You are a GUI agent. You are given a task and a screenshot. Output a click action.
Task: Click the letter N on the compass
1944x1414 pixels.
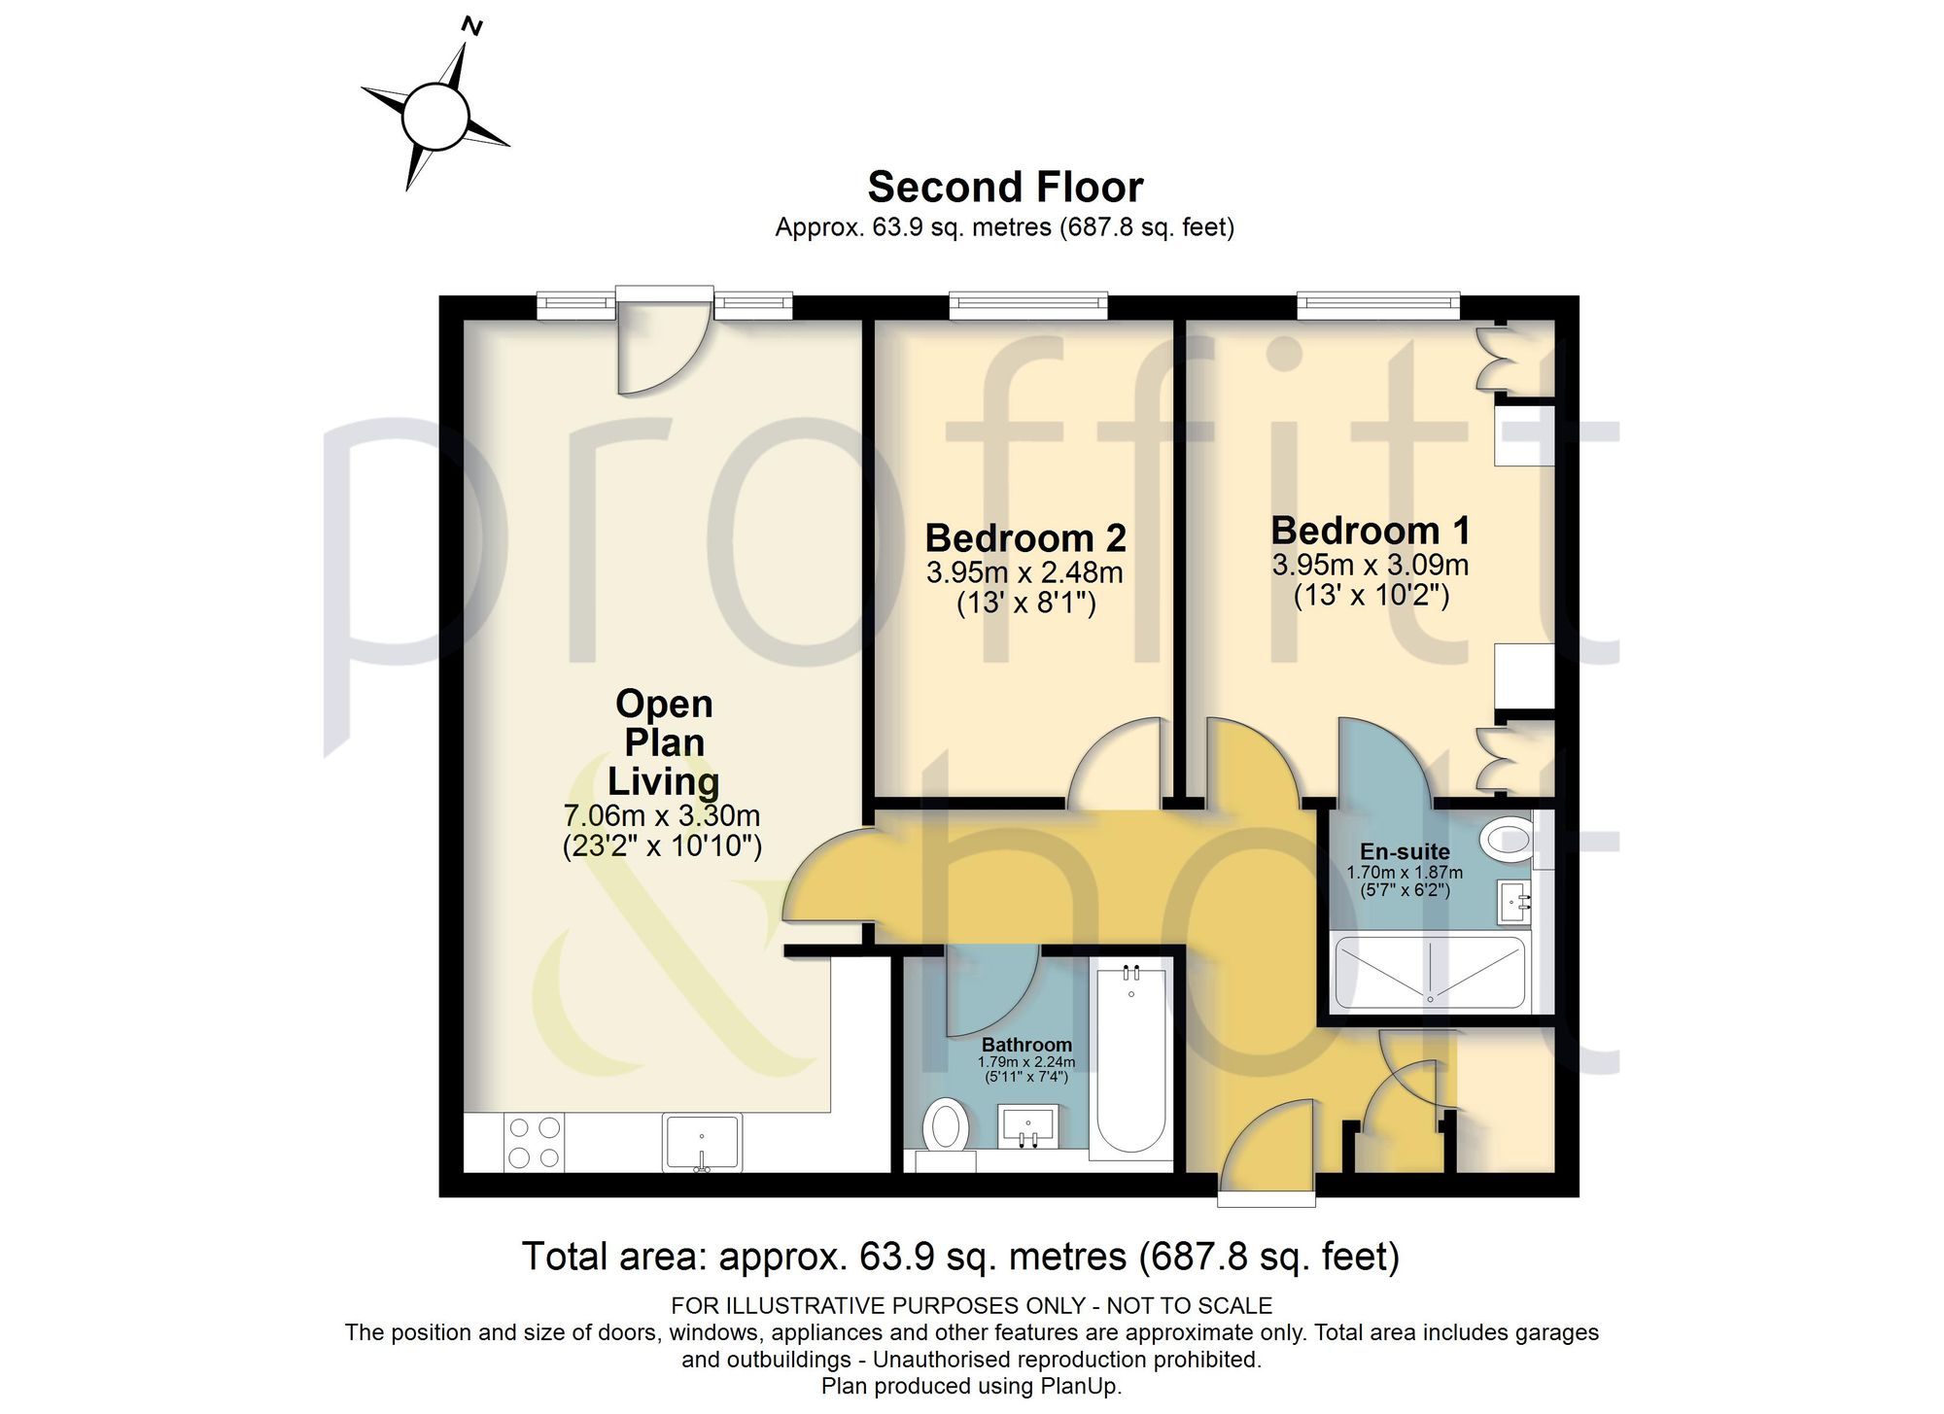[472, 26]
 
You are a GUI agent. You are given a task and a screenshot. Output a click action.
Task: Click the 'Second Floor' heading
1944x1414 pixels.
[1005, 187]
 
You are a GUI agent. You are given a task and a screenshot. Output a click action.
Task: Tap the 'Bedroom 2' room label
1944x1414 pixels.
[1025, 537]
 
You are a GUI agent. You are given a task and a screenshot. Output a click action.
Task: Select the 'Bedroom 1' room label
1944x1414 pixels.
[1371, 531]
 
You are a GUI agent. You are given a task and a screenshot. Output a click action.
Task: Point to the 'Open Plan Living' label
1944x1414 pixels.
[664, 742]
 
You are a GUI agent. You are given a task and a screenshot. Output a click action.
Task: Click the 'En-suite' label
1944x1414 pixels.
[1405, 851]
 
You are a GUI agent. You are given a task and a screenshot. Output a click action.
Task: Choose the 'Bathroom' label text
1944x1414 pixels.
[1026, 1045]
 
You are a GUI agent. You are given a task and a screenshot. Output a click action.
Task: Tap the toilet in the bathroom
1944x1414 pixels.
[945, 1132]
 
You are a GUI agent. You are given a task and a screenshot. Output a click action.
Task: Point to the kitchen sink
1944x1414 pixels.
[702, 1143]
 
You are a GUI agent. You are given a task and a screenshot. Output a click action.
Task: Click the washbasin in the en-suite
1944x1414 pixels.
[1513, 903]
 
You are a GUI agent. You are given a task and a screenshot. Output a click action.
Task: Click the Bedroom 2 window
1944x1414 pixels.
[1028, 306]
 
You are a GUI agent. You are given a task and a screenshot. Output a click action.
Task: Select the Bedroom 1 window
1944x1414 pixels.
[1378, 306]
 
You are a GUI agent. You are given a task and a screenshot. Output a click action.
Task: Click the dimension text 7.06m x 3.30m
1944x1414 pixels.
[662, 815]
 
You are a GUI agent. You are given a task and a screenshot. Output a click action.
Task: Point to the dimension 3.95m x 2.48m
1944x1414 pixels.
[1024, 572]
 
